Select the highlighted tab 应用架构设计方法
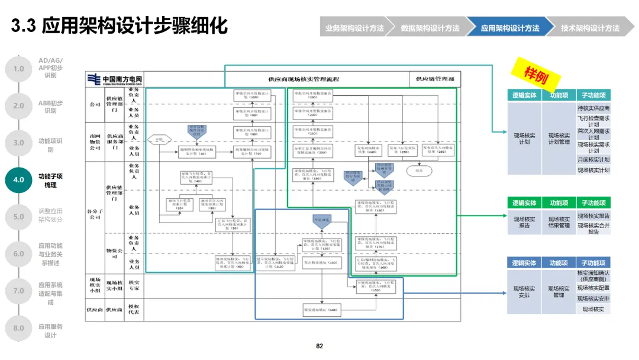509,28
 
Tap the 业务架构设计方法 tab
354,28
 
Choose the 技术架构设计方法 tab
590,28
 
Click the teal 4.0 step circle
19,180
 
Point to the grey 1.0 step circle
19,69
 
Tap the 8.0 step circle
19,328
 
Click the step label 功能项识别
50,145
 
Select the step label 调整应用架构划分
50,215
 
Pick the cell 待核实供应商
593,108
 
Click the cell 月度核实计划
593,159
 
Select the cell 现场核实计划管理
559,139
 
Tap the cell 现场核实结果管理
559,222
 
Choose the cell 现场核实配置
593,288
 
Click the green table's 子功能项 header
593,203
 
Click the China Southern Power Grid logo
115,80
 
